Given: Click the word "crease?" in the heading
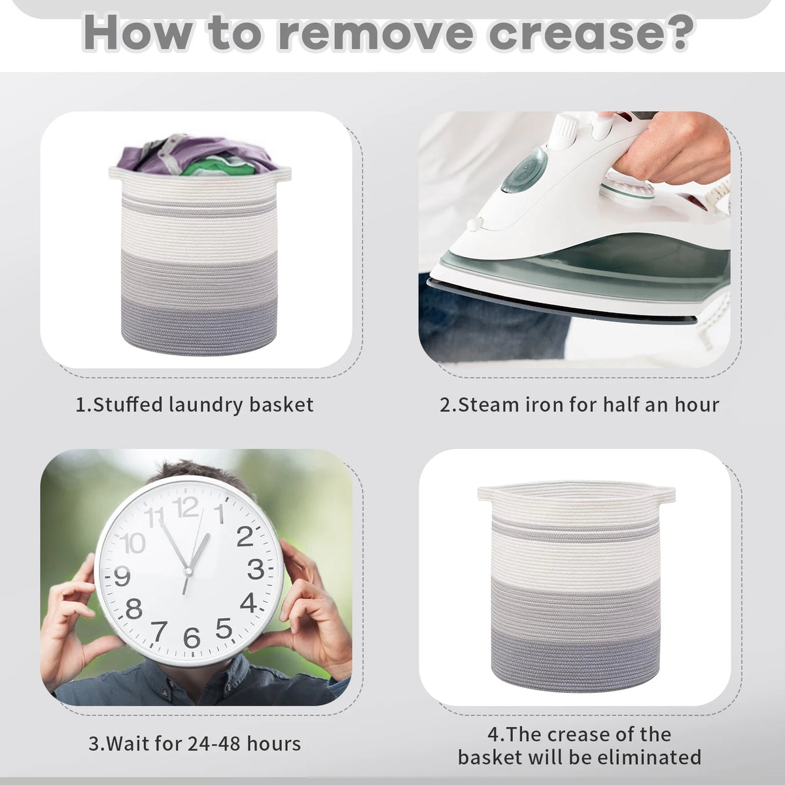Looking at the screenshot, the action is [x=591, y=33].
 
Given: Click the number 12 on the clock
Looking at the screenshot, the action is [x=186, y=507].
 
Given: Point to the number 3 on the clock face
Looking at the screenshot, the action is [x=256, y=570].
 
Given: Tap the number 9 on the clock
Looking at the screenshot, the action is [x=122, y=576].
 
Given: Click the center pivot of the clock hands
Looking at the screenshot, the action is [x=188, y=572].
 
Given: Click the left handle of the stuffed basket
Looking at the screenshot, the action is [x=116, y=173].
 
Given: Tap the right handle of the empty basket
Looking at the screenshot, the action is [x=665, y=496].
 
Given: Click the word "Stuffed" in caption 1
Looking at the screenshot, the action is [x=128, y=404].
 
